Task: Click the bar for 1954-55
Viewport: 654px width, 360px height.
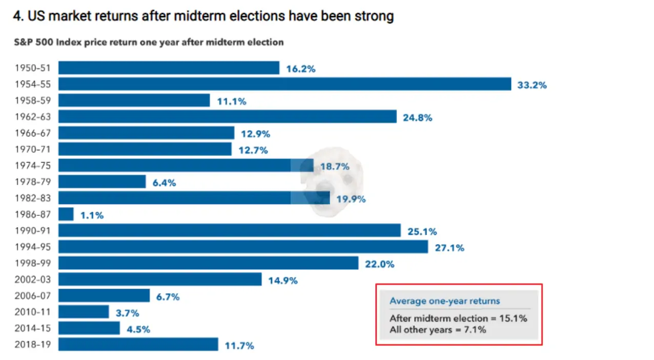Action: click(x=284, y=84)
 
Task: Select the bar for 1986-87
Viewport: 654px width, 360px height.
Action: click(x=66, y=214)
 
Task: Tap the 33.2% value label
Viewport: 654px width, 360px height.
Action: click(x=532, y=85)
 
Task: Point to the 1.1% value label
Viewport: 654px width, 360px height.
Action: click(x=92, y=216)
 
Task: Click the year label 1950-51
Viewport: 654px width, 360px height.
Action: click(x=33, y=68)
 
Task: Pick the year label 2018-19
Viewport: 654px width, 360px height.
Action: click(x=33, y=345)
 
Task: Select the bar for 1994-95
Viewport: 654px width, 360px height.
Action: click(x=243, y=247)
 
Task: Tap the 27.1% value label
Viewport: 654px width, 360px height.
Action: click(x=449, y=248)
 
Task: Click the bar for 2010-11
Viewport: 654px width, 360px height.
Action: click(x=84, y=312)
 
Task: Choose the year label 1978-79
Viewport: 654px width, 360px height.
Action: click(x=33, y=182)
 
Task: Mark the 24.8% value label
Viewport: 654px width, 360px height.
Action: click(x=417, y=118)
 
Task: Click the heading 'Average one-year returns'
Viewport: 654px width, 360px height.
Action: click(x=444, y=302)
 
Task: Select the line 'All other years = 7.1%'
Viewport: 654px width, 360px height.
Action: click(x=438, y=330)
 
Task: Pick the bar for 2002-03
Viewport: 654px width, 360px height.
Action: click(x=160, y=279)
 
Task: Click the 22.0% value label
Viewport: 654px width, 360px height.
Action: click(x=379, y=265)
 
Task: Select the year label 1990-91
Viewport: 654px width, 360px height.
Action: click(x=33, y=231)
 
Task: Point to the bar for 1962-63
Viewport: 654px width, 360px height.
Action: click(x=227, y=117)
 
